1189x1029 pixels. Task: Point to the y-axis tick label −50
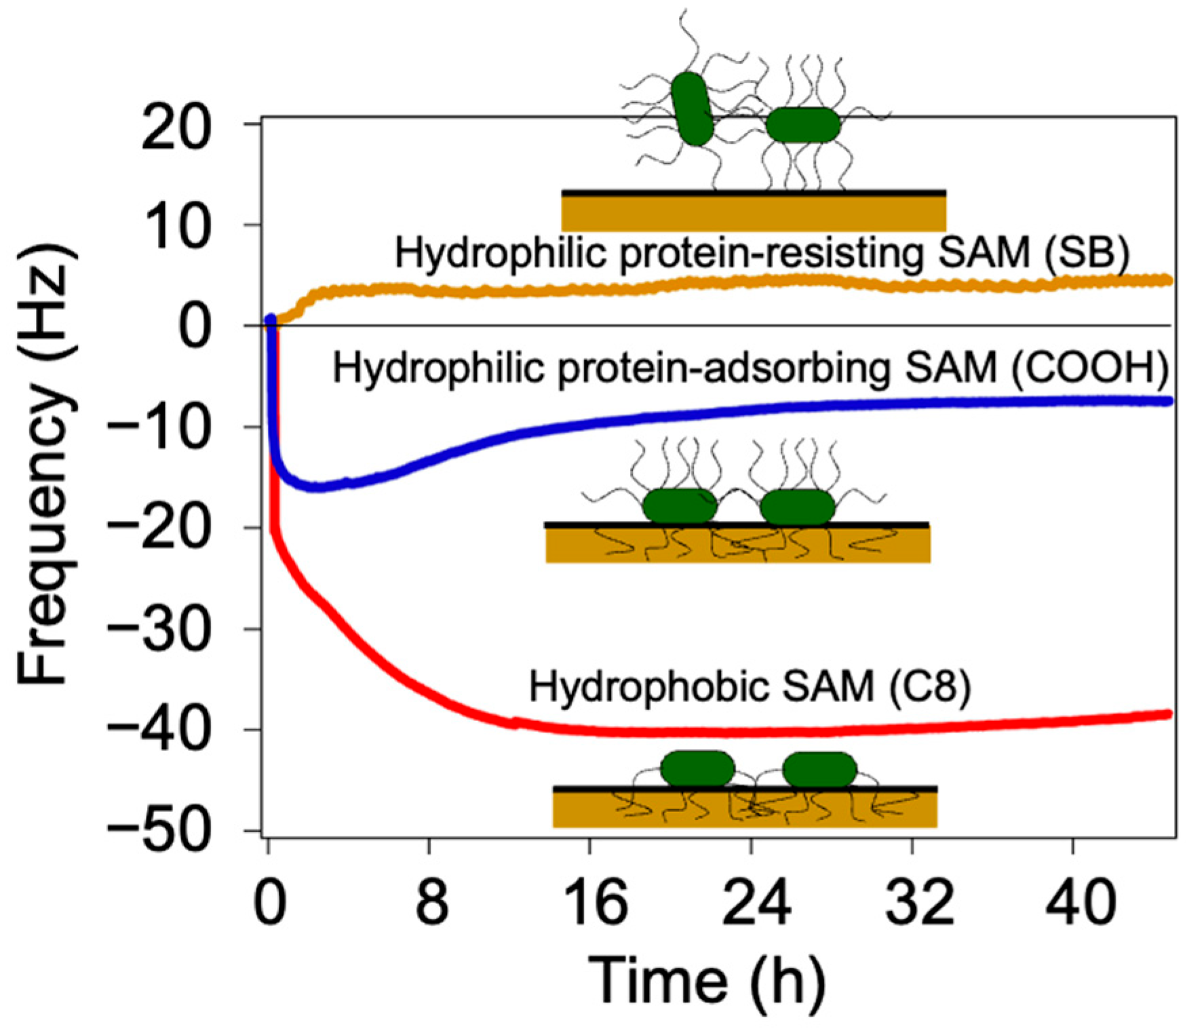point(157,832)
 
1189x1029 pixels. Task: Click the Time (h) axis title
point(708,981)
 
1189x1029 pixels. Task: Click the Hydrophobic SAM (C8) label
point(749,686)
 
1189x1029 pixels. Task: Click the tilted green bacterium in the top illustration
point(693,109)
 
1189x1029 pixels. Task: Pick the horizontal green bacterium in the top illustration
point(804,125)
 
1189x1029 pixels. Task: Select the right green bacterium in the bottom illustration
point(820,769)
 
